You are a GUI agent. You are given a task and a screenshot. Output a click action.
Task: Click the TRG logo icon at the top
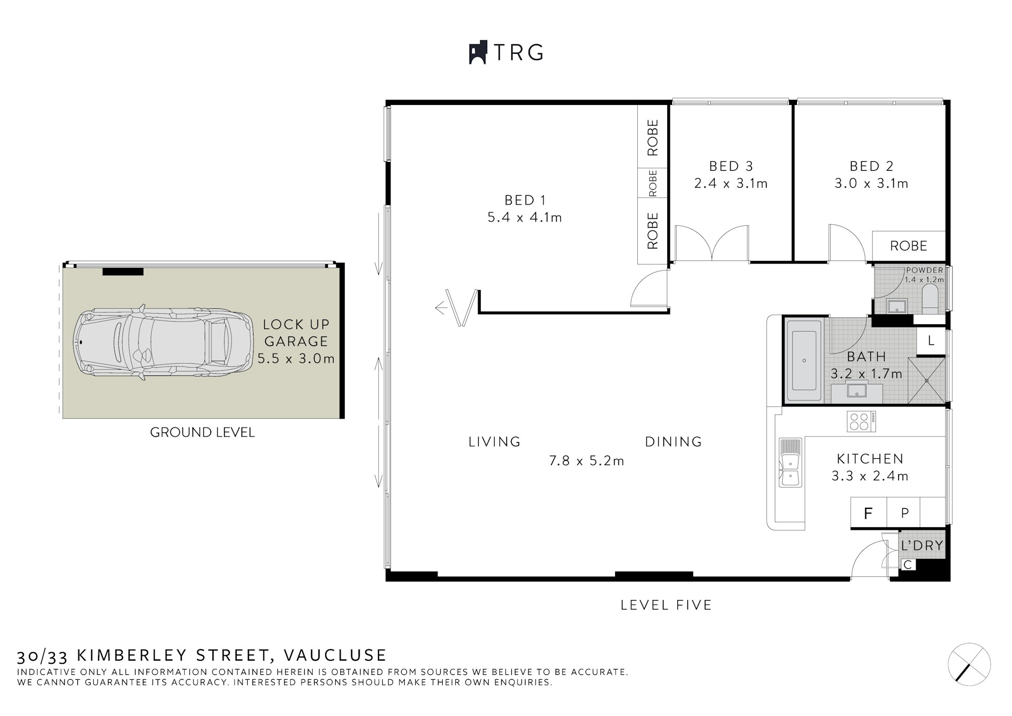point(478,53)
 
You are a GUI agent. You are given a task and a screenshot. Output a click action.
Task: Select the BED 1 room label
point(525,200)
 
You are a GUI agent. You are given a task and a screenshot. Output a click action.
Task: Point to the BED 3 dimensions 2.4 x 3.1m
point(731,183)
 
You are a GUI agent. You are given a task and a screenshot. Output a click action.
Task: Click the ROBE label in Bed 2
point(909,246)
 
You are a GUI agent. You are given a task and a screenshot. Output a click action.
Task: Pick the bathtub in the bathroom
point(804,361)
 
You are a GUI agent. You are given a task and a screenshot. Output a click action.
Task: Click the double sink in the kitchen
point(790,462)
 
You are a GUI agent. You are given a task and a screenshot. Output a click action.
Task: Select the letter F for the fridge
point(868,513)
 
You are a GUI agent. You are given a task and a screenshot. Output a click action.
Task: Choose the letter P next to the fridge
point(905,512)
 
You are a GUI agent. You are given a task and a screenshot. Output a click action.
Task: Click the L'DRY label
point(922,546)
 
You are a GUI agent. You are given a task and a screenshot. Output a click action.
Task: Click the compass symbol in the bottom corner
point(969,664)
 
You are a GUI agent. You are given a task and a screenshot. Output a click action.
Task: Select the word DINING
point(674,442)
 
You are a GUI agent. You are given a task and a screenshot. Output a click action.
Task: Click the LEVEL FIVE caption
point(666,605)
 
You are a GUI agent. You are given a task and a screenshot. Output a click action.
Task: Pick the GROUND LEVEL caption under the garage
point(202,433)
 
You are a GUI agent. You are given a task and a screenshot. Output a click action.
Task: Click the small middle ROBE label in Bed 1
point(653,183)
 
